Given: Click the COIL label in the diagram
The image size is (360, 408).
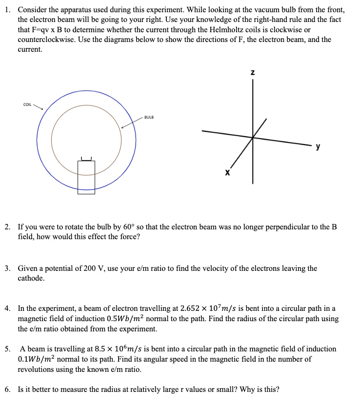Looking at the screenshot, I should (27, 104).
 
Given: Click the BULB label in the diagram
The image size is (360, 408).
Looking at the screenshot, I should (149, 118).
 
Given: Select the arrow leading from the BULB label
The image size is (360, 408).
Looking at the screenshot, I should (132, 123).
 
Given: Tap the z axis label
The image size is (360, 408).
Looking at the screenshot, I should (252, 73).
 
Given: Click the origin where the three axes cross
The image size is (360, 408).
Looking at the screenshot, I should (253, 137).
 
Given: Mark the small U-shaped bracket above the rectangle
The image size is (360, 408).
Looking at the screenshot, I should (86, 158).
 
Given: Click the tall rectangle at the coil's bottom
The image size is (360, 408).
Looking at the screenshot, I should (86, 177).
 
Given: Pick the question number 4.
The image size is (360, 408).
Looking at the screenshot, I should (8, 309).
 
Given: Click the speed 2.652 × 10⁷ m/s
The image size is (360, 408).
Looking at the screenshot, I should (212, 309).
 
